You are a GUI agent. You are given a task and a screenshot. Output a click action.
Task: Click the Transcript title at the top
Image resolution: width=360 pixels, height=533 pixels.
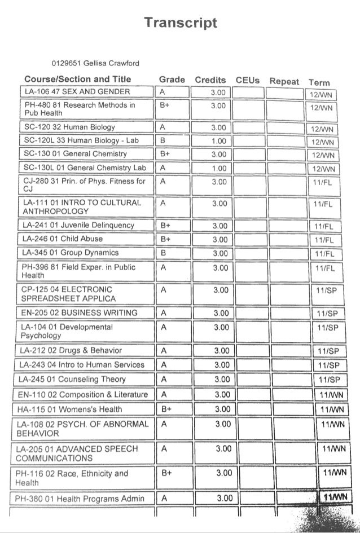click(180, 23)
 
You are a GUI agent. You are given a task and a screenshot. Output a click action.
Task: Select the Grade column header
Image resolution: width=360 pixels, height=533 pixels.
click(172, 80)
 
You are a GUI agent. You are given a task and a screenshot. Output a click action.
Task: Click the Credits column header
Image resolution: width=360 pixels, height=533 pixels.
click(210, 80)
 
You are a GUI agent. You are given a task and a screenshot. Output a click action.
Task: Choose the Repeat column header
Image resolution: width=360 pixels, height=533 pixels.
click(284, 81)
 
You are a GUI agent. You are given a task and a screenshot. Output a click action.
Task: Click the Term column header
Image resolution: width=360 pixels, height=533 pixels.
click(319, 82)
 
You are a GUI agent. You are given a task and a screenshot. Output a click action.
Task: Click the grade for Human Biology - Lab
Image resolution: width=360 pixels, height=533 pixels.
click(163, 140)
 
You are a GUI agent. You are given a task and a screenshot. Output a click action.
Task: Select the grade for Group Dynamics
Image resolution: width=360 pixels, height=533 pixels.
click(163, 253)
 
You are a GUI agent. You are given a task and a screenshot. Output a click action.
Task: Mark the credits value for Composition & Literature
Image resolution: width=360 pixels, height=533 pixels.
click(223, 394)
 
